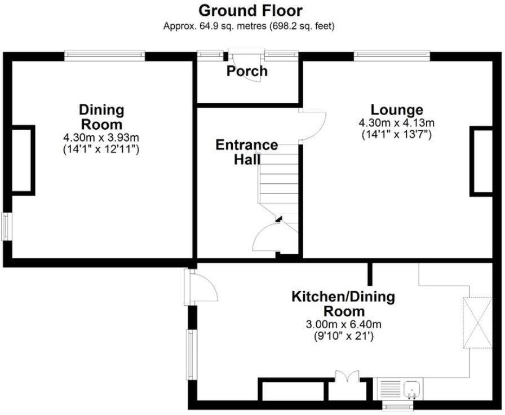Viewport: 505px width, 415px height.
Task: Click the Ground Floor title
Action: (x=250, y=11)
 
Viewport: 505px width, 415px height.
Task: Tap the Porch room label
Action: (x=247, y=72)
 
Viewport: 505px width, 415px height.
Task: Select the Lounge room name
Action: (x=396, y=109)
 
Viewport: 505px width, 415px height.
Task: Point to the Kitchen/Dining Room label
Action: (x=343, y=304)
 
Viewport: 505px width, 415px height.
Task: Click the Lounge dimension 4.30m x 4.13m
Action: (x=396, y=123)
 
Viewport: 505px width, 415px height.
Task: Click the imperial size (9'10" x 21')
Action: (x=344, y=336)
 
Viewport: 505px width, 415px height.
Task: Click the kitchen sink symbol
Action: (x=411, y=389)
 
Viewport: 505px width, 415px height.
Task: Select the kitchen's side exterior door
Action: (x=203, y=288)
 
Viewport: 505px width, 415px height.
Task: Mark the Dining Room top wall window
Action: (x=104, y=55)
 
